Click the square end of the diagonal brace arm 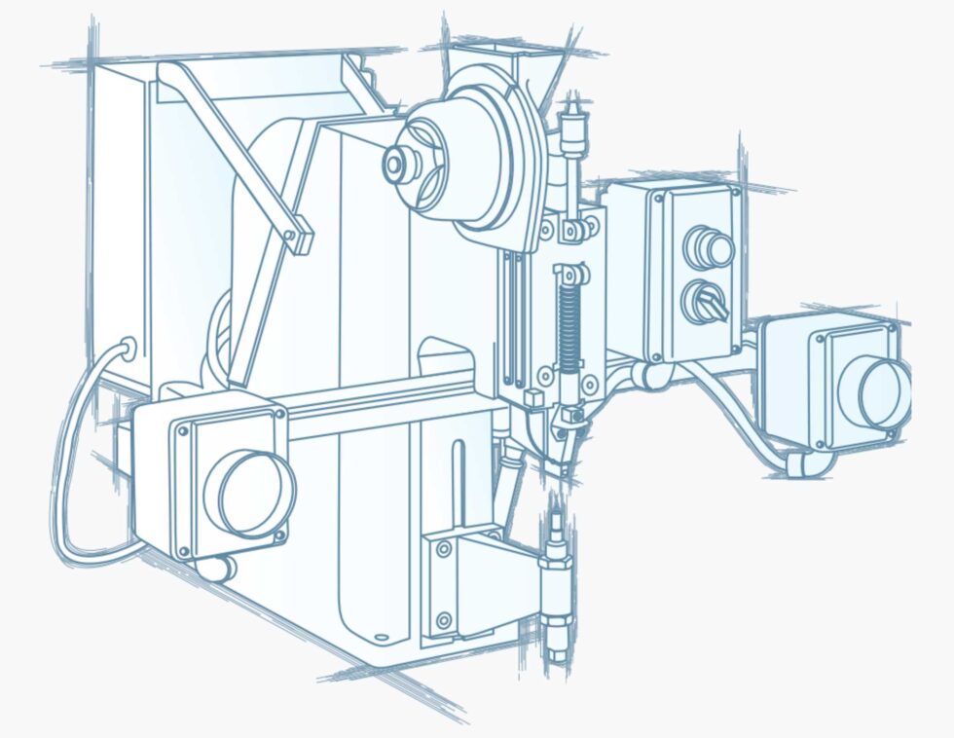point(300,235)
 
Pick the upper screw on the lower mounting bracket point(444,551)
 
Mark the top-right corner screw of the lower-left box point(280,414)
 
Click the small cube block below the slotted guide point(532,398)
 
